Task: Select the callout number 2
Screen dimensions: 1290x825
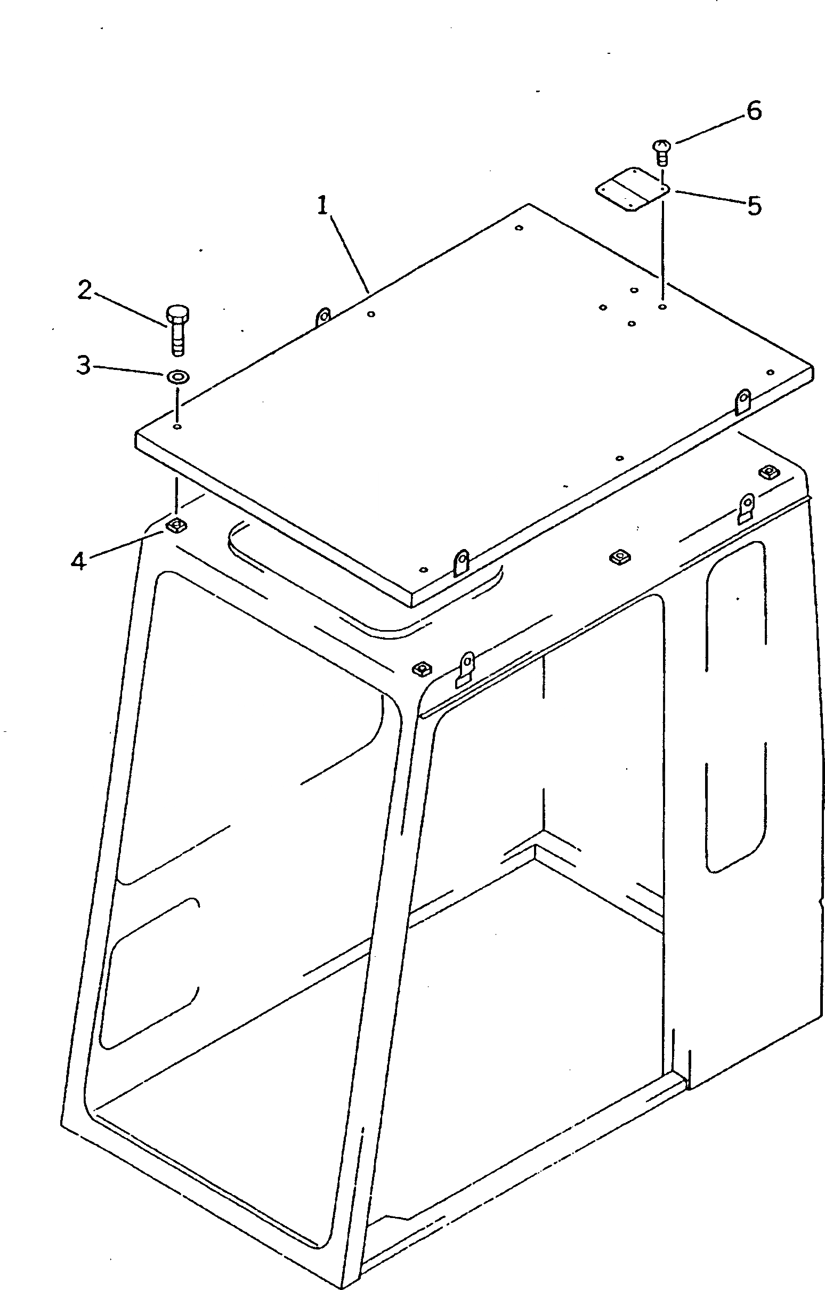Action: [x=84, y=291]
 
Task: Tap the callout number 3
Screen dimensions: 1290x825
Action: [x=83, y=366]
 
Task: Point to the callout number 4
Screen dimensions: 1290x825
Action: [x=78, y=561]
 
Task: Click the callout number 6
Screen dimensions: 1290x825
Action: [x=754, y=111]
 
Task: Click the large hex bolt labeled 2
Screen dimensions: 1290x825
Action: [x=178, y=329]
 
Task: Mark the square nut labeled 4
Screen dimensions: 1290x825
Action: [x=175, y=525]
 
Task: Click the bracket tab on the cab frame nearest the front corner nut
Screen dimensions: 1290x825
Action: [x=466, y=668]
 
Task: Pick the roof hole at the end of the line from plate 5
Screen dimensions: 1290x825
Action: [x=662, y=308]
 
